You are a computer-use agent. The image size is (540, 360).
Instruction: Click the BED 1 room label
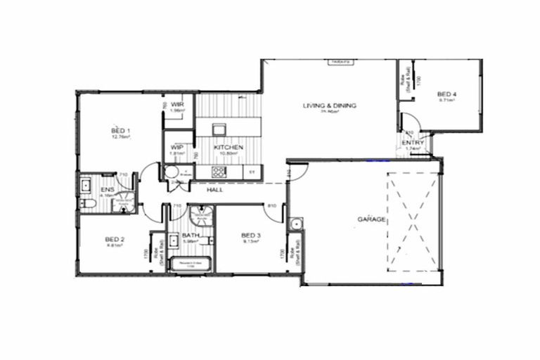(121, 131)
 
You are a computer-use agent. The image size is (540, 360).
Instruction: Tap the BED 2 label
(115, 240)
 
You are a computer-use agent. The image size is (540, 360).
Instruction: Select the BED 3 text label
(250, 235)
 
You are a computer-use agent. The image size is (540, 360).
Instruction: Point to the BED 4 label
(446, 94)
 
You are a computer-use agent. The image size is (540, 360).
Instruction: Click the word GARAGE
(371, 219)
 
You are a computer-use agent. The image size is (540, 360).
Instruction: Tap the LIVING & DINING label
(330, 105)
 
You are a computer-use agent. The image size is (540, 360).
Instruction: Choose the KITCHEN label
(229, 147)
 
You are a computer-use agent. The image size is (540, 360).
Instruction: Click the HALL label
(215, 190)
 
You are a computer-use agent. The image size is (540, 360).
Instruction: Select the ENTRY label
(412, 143)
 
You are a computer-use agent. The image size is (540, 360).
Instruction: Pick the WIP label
(177, 147)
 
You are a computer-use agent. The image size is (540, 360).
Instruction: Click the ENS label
(107, 190)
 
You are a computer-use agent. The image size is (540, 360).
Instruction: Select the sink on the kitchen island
(218, 128)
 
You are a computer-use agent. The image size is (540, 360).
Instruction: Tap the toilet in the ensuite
(88, 203)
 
